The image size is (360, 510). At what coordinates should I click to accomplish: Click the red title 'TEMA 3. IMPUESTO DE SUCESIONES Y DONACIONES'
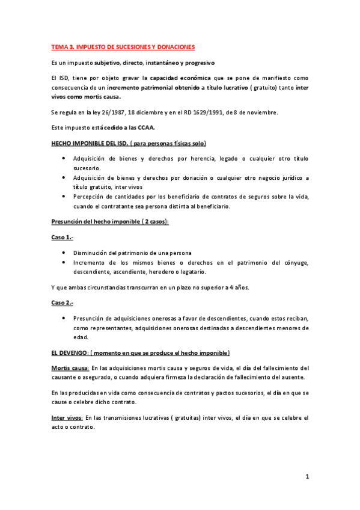point(123,47)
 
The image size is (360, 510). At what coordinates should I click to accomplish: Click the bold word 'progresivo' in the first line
point(199,63)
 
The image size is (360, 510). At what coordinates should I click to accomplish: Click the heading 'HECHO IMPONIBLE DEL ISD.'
point(88,143)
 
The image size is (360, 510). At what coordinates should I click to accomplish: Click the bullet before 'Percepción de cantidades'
point(64,196)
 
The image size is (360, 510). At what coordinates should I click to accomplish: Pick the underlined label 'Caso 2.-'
point(63,302)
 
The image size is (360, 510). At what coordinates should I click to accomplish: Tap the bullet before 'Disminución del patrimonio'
point(64,252)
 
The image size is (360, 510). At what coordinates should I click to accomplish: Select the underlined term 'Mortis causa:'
point(70,367)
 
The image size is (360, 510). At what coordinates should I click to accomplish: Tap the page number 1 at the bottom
point(307,477)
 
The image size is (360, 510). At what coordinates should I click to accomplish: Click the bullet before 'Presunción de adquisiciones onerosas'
point(64,318)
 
